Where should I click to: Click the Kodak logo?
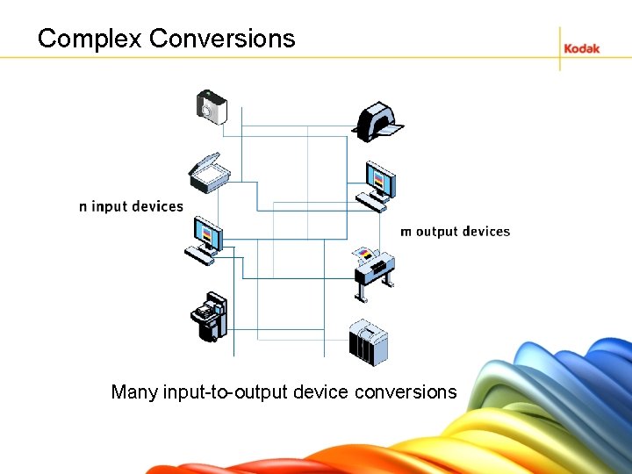click(x=581, y=48)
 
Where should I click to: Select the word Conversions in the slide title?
click(x=223, y=39)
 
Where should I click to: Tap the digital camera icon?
click(x=211, y=106)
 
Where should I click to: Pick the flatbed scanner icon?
click(x=208, y=175)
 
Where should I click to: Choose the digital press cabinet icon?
click(x=368, y=342)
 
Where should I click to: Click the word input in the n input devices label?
click(x=111, y=207)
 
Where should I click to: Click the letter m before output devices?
click(x=406, y=232)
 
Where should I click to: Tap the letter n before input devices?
click(x=83, y=207)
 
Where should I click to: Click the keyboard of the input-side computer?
click(x=199, y=254)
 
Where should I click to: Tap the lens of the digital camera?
click(x=208, y=111)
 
